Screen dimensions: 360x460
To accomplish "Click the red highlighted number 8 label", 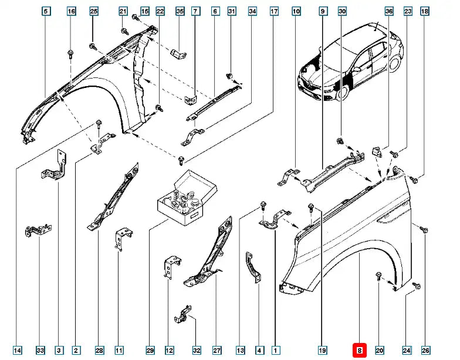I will click(x=360, y=351).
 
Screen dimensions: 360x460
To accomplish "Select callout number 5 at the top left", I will click(x=46, y=12).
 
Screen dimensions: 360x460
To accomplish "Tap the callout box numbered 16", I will click(x=71, y=12).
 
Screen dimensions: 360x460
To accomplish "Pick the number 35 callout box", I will click(x=180, y=12).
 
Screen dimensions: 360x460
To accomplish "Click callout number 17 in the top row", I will click(x=274, y=12).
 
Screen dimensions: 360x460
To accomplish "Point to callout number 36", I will click(x=388, y=12).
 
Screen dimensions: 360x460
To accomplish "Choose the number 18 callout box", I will click(x=425, y=12).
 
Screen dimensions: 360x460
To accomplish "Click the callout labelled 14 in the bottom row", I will click(x=18, y=351).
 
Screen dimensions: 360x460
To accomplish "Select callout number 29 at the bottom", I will click(x=150, y=351).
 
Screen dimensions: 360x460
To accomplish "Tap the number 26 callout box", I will click(x=425, y=351).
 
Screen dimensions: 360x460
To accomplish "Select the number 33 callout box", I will click(x=40, y=351).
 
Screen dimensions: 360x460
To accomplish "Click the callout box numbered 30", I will click(x=343, y=12).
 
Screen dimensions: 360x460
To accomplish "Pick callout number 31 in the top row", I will click(x=232, y=12).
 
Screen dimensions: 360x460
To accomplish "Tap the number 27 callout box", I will click(x=217, y=351).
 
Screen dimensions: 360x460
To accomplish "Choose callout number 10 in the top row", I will click(x=296, y=12).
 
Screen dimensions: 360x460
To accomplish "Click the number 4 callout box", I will click(x=259, y=351).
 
